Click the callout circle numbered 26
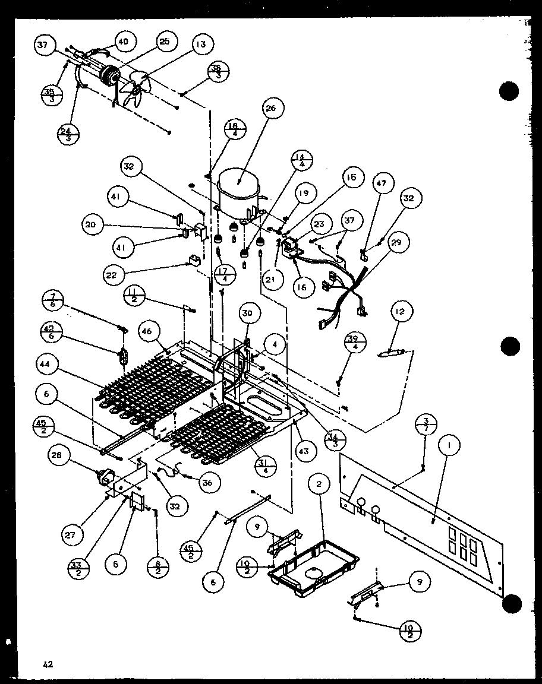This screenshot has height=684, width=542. pyautogui.click(x=272, y=108)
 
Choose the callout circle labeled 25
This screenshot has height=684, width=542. pyautogui.click(x=163, y=41)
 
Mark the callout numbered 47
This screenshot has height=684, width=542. pyautogui.click(x=381, y=183)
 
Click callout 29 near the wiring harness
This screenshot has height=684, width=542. pyautogui.click(x=396, y=242)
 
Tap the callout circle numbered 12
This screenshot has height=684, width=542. pyautogui.click(x=402, y=311)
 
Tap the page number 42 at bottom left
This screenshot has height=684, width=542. pyautogui.click(x=48, y=664)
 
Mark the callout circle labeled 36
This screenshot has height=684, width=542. pyautogui.click(x=207, y=483)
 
